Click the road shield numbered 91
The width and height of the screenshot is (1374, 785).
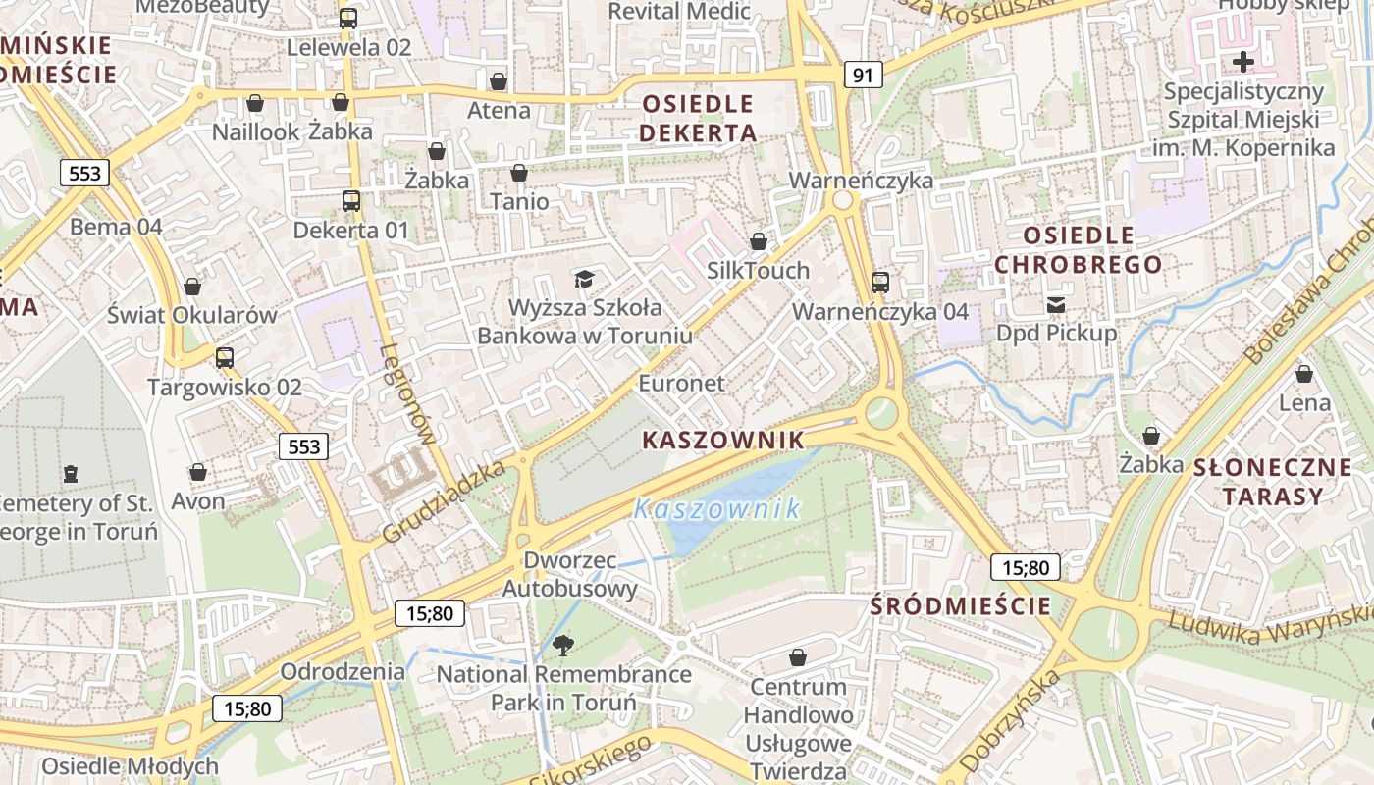862,75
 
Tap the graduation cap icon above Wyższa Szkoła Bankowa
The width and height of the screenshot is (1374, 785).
584,279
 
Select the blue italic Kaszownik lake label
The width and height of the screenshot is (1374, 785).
716,509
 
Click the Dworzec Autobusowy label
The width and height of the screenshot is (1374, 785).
570,575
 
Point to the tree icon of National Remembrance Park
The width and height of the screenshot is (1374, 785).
563,645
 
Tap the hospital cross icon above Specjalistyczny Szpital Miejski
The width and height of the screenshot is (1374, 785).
1242,63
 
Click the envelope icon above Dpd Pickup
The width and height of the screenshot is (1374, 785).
1056,304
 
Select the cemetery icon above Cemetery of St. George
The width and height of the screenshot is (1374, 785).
70,475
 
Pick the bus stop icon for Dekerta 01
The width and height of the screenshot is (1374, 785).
350,201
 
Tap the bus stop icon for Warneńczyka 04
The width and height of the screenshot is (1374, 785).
880,283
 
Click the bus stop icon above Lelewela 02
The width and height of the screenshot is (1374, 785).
348,18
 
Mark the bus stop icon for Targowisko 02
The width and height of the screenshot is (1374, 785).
225,358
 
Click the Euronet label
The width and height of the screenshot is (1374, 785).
682,383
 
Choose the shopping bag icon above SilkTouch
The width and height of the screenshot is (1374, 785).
759,241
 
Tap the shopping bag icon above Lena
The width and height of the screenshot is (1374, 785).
1304,374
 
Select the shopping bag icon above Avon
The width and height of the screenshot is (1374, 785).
198,473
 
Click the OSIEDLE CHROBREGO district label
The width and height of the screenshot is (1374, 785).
1078,250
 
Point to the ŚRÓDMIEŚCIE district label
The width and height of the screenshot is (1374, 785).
960,606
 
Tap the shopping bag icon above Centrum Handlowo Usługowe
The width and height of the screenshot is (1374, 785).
798,656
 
